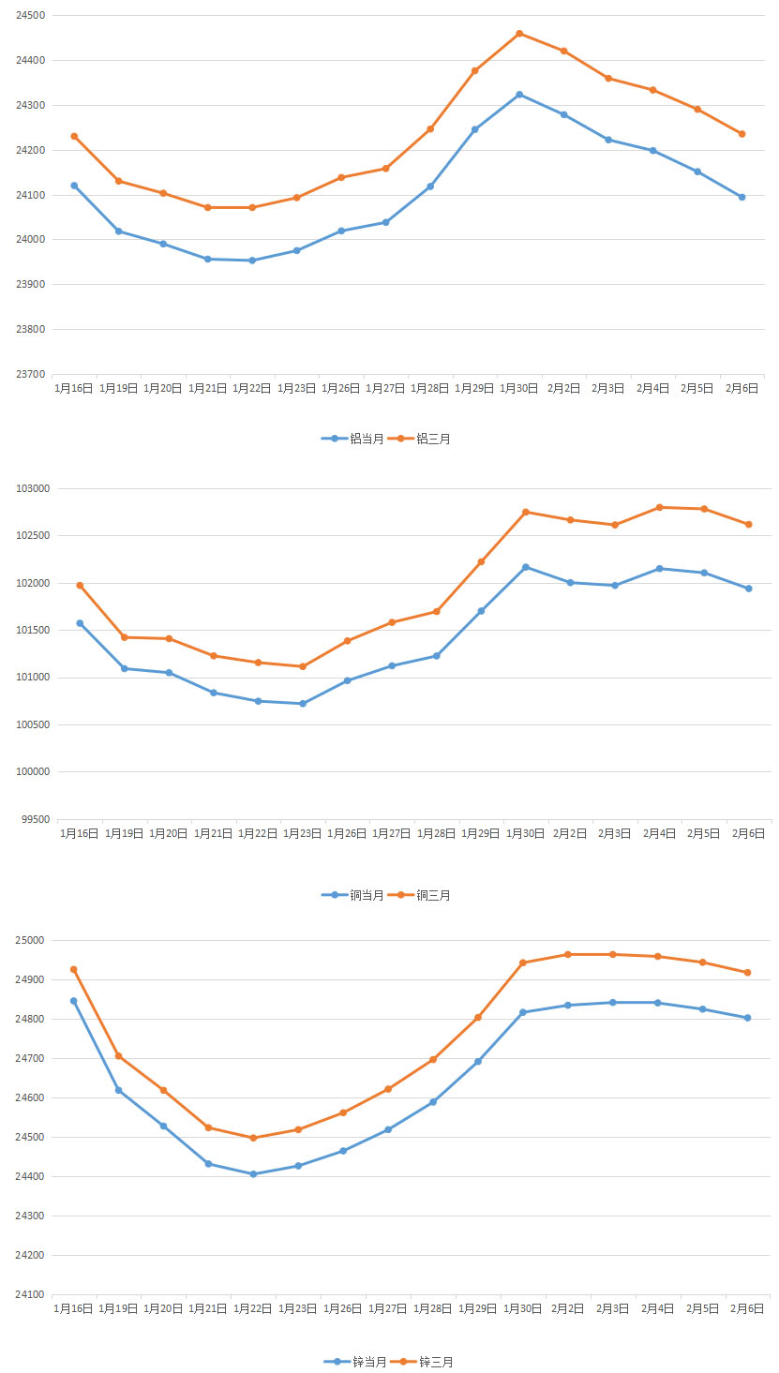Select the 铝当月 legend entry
[355, 438]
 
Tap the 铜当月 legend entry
[355, 895]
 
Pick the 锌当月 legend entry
[357, 1362]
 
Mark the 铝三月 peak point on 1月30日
[519, 34]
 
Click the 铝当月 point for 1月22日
[252, 261]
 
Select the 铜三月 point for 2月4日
[660, 507]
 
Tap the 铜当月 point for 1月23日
[303, 704]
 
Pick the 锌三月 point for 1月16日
[73, 969]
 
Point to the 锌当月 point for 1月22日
[253, 1174]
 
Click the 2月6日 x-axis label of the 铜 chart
[749, 833]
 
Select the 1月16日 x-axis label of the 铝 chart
[73, 388]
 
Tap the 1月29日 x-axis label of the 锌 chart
[476, 1308]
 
